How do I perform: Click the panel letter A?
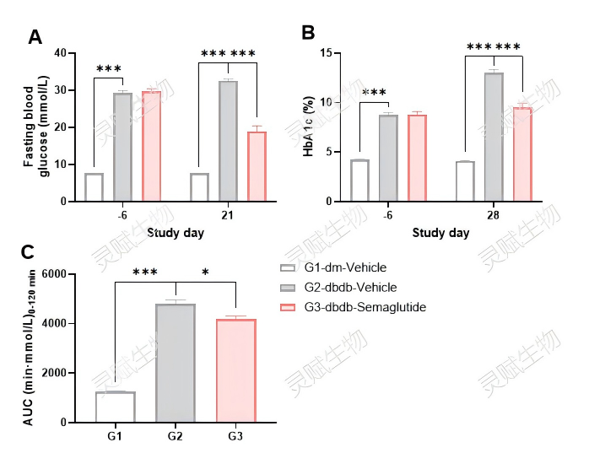point(35,36)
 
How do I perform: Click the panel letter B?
point(309,34)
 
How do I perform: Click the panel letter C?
point(28,252)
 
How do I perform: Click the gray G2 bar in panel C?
point(175,363)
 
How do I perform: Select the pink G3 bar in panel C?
point(235,370)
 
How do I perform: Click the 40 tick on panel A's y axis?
point(60,53)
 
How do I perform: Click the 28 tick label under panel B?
point(493,216)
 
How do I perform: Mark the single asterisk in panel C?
point(205,272)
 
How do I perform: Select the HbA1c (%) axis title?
point(310,127)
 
